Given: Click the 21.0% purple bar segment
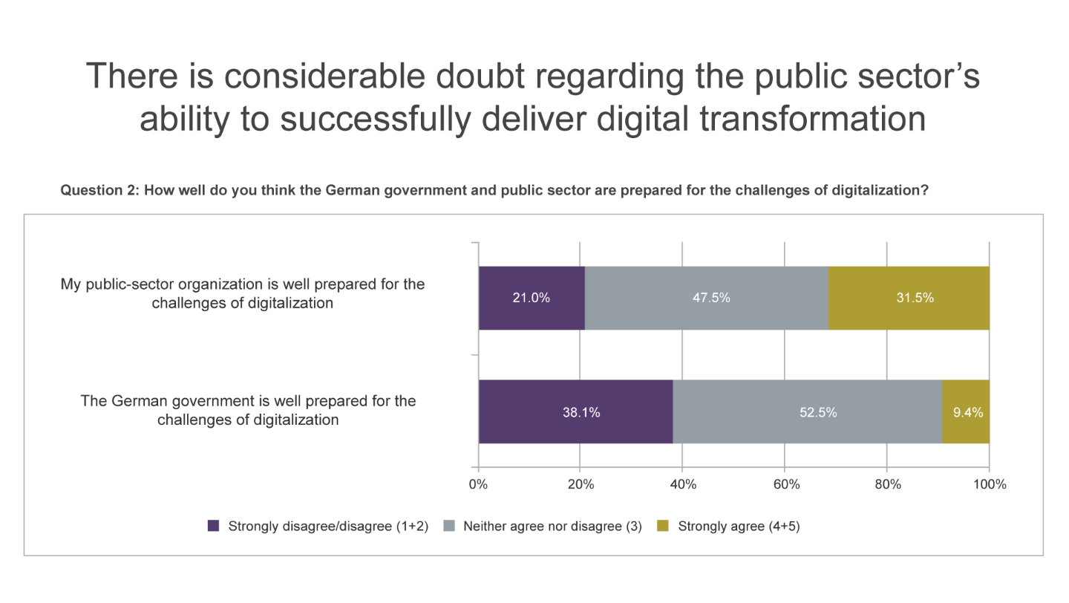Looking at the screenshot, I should click(x=532, y=298).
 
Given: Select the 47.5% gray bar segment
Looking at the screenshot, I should click(x=706, y=298).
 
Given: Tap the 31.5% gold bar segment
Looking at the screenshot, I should click(x=909, y=298).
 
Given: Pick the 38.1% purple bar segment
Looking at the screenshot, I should click(x=575, y=412).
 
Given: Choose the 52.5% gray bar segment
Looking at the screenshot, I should click(x=807, y=412).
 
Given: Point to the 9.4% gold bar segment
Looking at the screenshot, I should click(x=966, y=412).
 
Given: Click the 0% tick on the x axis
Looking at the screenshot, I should click(x=478, y=485).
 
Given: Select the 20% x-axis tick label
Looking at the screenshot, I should click(x=581, y=485).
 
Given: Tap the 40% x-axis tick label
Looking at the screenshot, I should click(x=683, y=485).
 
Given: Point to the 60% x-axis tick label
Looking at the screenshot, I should click(x=785, y=485).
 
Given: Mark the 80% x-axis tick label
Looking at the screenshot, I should click(x=887, y=485).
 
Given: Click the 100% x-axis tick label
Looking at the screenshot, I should click(x=989, y=485).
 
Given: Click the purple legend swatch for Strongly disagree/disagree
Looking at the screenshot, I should click(x=214, y=527).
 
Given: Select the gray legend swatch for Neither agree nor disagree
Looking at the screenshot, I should click(x=448, y=527).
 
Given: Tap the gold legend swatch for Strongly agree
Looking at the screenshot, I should click(x=664, y=527).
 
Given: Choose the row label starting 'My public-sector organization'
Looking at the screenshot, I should click(x=243, y=293).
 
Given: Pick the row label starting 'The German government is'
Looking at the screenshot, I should click(x=248, y=410).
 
